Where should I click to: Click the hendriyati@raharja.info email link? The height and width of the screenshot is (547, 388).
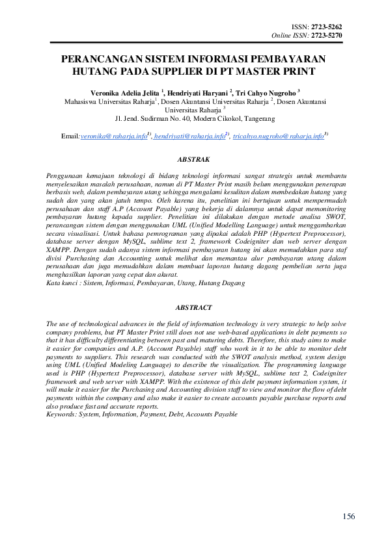(x=189, y=137)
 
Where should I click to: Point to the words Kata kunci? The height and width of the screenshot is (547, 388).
(x=64, y=283)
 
